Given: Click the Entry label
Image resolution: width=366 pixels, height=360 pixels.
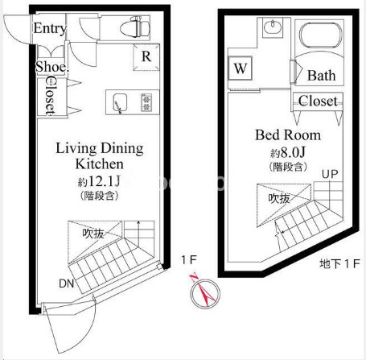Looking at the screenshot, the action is (50, 28).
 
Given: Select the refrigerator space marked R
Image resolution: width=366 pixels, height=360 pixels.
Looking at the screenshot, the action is (146, 57).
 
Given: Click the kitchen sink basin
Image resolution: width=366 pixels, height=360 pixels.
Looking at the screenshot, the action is (120, 102).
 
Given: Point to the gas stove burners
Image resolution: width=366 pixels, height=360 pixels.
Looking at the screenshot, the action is (146, 102).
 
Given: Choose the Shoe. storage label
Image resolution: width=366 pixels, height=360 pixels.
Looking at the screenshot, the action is (52, 67).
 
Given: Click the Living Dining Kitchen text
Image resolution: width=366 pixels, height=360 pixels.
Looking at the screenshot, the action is (100, 156).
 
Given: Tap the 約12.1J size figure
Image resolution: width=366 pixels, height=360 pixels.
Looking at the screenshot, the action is (99, 181).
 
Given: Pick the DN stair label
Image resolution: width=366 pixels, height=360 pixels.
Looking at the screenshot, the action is (66, 283).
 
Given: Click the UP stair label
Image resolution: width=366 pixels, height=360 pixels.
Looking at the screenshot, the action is (330, 175).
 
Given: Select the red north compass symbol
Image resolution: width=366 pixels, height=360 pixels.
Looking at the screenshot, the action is (205, 292).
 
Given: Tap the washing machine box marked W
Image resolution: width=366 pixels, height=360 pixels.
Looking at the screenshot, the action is (240, 68).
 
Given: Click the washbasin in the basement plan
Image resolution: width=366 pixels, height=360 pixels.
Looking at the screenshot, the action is (273, 27).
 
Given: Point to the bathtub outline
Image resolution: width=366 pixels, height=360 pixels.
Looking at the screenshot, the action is (321, 36).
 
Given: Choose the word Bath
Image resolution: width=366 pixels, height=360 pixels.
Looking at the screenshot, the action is (321, 76).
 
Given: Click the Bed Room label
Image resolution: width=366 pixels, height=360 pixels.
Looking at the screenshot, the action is (288, 134).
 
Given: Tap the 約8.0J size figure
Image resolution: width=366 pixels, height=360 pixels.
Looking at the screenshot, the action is (288, 153).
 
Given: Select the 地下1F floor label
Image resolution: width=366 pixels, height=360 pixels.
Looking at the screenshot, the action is (339, 263).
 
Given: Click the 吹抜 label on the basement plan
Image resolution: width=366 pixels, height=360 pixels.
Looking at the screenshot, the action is (279, 198).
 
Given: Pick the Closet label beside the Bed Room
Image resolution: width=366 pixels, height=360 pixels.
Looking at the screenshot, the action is (318, 101).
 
